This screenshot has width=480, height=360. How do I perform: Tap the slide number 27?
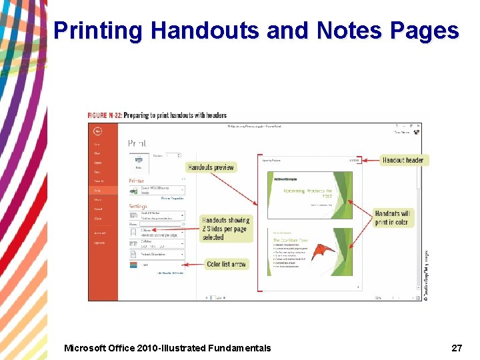point(457,347)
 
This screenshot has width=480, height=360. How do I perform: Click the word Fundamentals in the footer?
point(240,347)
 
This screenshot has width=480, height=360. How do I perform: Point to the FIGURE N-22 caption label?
point(105,115)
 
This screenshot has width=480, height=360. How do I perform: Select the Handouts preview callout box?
point(211,167)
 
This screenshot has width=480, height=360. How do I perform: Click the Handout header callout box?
point(403,160)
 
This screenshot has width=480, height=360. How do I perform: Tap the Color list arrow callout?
point(226,264)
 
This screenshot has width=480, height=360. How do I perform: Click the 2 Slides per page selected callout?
point(226,229)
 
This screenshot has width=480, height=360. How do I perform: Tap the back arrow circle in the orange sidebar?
point(97,131)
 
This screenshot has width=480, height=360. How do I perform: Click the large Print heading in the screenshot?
point(137,143)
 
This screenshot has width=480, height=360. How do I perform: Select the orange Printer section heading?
point(136,181)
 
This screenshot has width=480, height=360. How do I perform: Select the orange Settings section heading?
point(138,206)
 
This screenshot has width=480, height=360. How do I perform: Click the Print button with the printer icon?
point(138,161)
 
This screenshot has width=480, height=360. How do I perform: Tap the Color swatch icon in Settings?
point(134,265)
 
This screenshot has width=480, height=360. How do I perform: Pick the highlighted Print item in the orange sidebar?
point(97,190)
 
